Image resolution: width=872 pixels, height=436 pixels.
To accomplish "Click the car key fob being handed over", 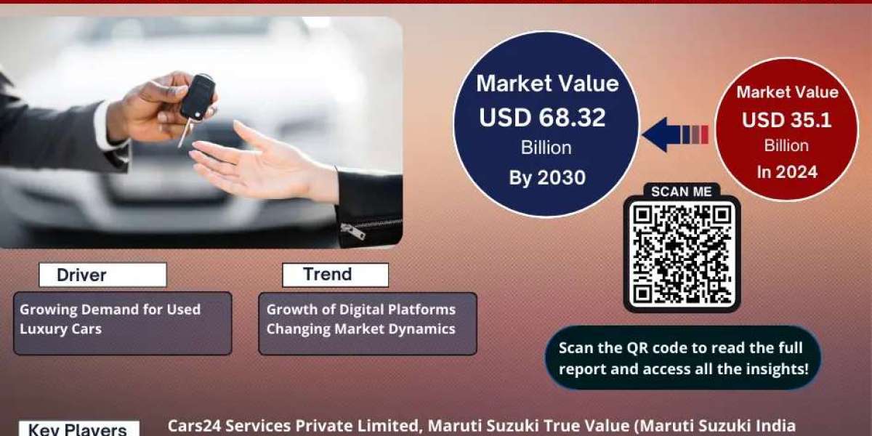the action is [198, 97].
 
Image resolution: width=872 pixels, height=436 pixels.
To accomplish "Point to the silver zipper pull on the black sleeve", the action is [353, 232].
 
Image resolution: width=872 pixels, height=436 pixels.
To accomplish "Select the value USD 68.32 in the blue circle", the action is [542, 118].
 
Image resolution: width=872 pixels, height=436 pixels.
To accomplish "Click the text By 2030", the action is [547, 177].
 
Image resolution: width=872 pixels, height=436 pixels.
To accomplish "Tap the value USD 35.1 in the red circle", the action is [786, 120].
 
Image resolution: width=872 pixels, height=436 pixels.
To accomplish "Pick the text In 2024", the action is [787, 172].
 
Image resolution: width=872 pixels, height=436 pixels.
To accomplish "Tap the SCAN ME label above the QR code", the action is [682, 192].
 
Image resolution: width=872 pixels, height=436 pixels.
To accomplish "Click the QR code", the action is [682, 254].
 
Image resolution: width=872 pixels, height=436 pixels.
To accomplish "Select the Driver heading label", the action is [81, 275].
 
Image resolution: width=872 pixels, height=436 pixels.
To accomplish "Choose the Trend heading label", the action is [328, 274].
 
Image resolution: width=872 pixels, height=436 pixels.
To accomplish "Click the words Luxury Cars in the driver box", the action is [61, 329].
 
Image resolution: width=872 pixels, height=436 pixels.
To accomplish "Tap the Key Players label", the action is [78, 429].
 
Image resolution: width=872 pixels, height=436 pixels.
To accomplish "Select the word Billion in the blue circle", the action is [546, 148].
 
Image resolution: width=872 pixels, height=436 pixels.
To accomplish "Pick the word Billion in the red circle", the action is [786, 145].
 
